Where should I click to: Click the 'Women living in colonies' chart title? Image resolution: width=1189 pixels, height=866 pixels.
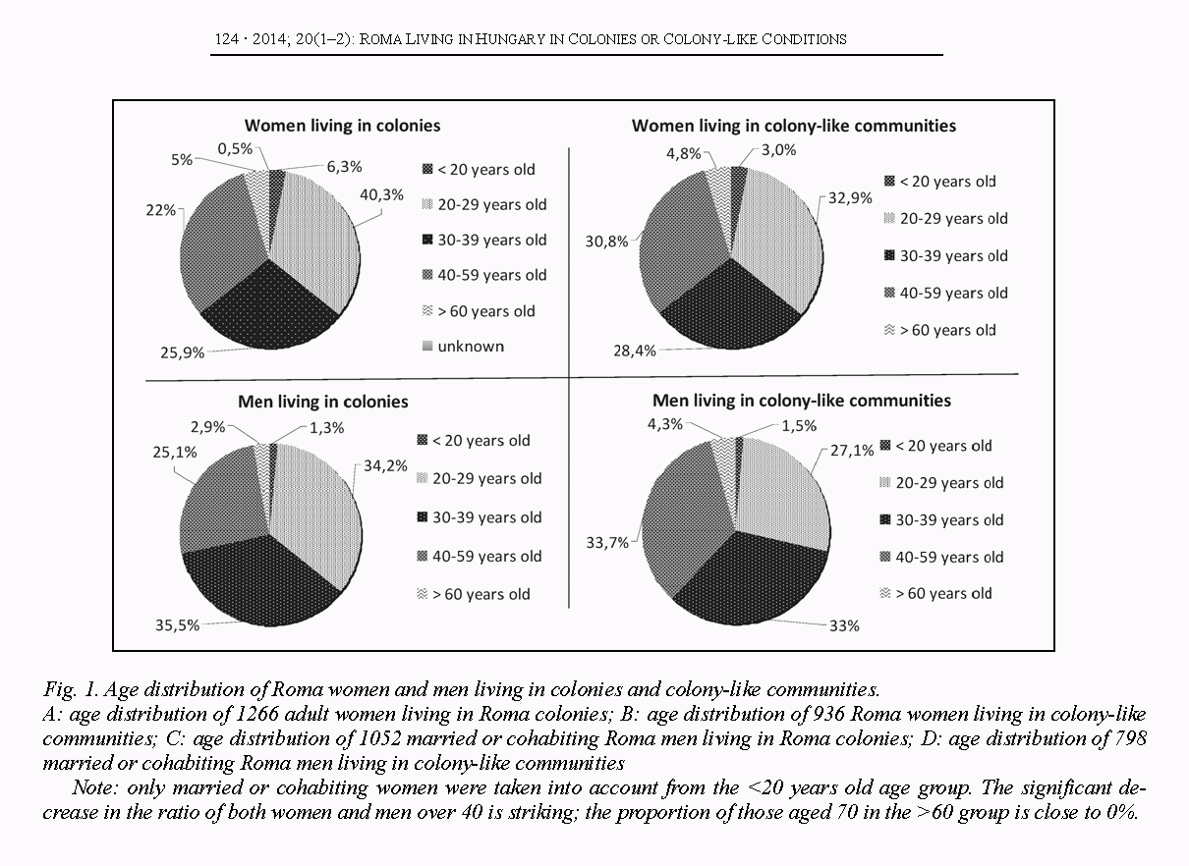[342, 125]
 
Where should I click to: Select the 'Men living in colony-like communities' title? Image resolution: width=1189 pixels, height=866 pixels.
[802, 401]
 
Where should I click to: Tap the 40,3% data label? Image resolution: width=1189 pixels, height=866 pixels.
[383, 194]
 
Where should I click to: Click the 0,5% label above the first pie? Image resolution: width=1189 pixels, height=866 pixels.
[234, 148]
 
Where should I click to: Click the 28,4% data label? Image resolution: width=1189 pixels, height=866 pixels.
[633, 351]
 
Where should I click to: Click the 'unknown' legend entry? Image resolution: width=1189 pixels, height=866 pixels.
[470, 346]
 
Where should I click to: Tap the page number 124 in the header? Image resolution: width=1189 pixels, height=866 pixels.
[227, 39]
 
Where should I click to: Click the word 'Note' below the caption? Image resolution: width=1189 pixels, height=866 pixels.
[91, 788]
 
